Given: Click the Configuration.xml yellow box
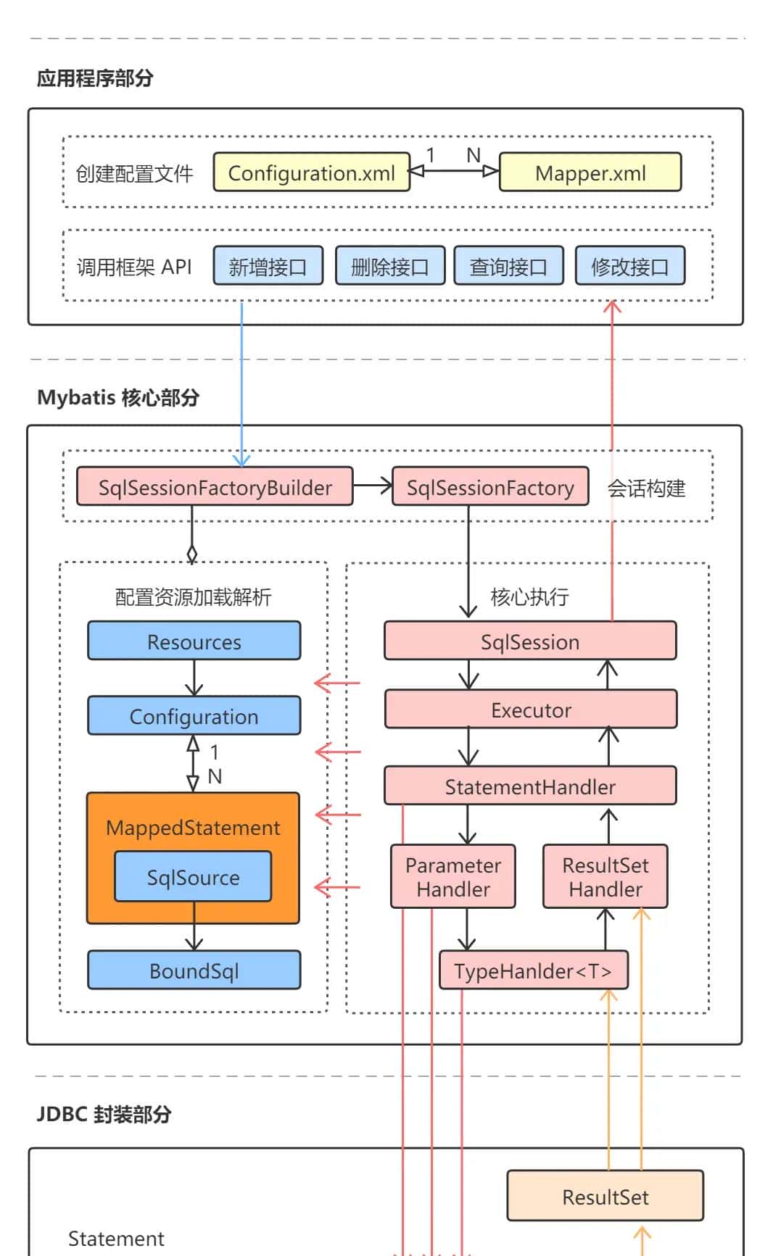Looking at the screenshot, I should [x=312, y=172].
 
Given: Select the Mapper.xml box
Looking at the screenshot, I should [x=590, y=172].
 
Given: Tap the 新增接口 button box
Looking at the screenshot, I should [x=268, y=266].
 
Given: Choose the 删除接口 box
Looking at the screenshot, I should [x=389, y=266].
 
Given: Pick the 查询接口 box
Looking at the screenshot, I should [x=508, y=266].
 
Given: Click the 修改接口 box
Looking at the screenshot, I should [x=629, y=266].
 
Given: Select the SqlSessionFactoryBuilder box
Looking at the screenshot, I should [x=215, y=486].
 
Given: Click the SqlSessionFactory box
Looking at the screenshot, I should [x=489, y=486].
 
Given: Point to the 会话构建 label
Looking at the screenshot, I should [x=646, y=488].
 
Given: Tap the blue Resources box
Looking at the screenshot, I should [x=194, y=641].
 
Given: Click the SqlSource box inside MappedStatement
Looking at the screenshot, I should [x=193, y=877].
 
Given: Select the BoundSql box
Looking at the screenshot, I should [x=194, y=970].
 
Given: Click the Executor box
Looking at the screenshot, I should [x=530, y=709].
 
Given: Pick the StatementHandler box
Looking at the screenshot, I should [x=530, y=786].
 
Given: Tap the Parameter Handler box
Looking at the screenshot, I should [x=452, y=876].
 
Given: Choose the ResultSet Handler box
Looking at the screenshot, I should [x=605, y=876].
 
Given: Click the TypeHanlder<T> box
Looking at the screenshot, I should [x=533, y=970].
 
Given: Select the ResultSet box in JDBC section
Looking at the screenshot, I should [x=605, y=1196].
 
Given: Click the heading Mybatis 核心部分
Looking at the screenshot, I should [x=118, y=397].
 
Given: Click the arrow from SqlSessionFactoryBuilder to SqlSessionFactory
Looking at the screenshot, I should [x=373, y=486].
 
